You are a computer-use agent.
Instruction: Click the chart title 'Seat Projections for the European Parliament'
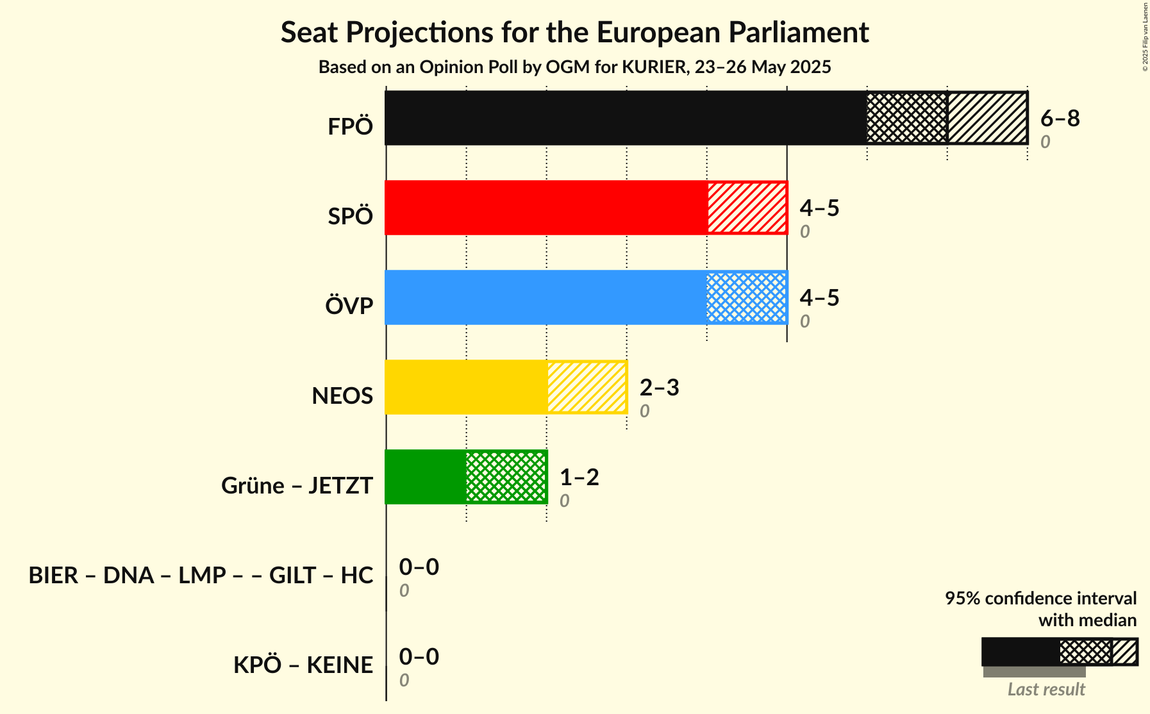574,32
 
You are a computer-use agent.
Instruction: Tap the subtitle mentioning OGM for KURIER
574,67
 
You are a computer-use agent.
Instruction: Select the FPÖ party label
350,127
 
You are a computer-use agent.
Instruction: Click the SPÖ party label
350,217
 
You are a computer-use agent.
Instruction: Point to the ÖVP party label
349,306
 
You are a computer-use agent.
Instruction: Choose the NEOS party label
342,396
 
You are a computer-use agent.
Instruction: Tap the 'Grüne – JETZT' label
297,485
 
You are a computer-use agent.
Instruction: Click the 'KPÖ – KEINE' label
303,665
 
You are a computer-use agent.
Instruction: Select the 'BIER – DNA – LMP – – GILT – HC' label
201,575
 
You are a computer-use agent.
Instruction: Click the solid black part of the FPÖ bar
626,118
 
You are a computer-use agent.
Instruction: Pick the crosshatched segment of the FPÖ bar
907,118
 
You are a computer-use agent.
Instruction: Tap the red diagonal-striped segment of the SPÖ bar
747,208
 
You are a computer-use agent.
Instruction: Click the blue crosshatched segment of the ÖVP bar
747,297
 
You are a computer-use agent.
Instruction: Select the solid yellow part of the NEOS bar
466,387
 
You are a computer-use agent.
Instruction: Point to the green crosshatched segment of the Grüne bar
506,477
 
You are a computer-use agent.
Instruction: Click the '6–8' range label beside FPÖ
1060,118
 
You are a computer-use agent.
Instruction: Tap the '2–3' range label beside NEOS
660,387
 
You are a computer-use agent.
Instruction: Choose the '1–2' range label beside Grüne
579,477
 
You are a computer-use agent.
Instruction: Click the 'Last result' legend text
1046,689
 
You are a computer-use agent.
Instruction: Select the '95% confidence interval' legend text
1040,598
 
